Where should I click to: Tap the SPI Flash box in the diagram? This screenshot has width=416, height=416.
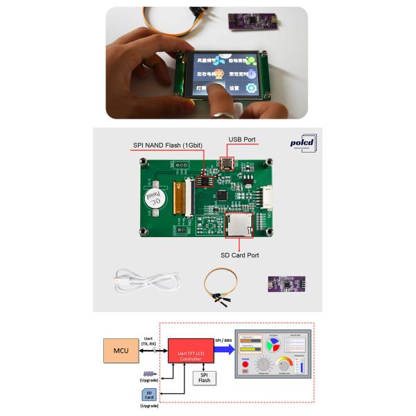pyautogui.click(x=204, y=377)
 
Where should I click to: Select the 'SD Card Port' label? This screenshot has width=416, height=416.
pyautogui.click(x=240, y=255)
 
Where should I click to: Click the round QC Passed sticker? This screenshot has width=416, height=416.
pyautogui.click(x=156, y=198)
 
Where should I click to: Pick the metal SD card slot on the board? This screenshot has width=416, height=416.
pyautogui.click(x=240, y=223)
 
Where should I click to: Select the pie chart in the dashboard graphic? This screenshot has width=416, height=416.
pyautogui.click(x=274, y=344)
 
